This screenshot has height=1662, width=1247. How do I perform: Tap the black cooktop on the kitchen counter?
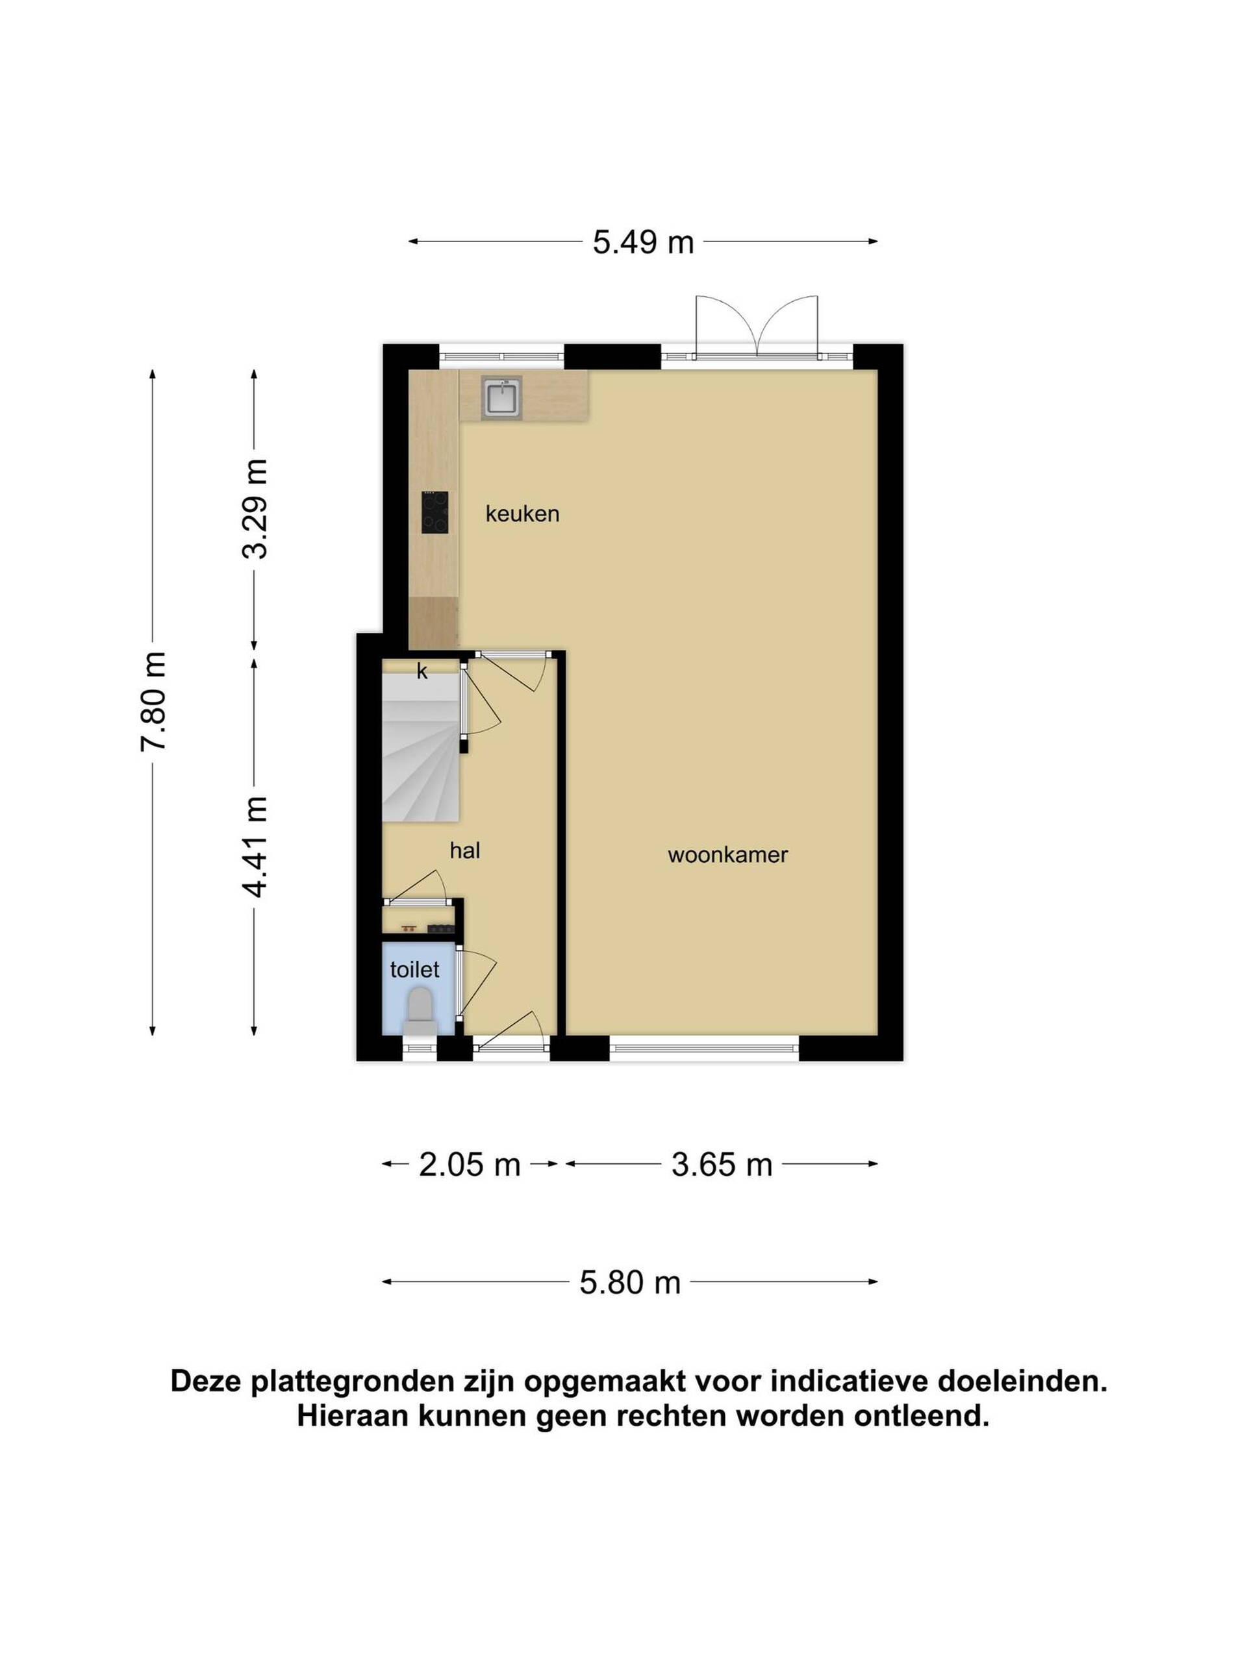[x=435, y=512]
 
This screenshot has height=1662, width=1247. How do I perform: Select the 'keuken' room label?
[x=522, y=515]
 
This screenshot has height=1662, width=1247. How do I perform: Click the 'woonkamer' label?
[x=727, y=855]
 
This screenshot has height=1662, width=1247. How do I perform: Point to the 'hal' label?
[x=464, y=850]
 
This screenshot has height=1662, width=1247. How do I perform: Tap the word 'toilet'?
[x=415, y=970]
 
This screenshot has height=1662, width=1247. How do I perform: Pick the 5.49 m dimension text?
[x=644, y=243]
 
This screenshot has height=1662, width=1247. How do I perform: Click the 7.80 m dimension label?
[x=153, y=701]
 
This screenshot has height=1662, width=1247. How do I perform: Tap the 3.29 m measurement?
[x=255, y=510]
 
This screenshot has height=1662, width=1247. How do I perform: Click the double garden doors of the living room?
[x=756, y=326]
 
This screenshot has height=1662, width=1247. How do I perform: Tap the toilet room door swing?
[x=476, y=984]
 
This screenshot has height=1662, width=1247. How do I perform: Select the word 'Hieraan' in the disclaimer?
[x=353, y=1417]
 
